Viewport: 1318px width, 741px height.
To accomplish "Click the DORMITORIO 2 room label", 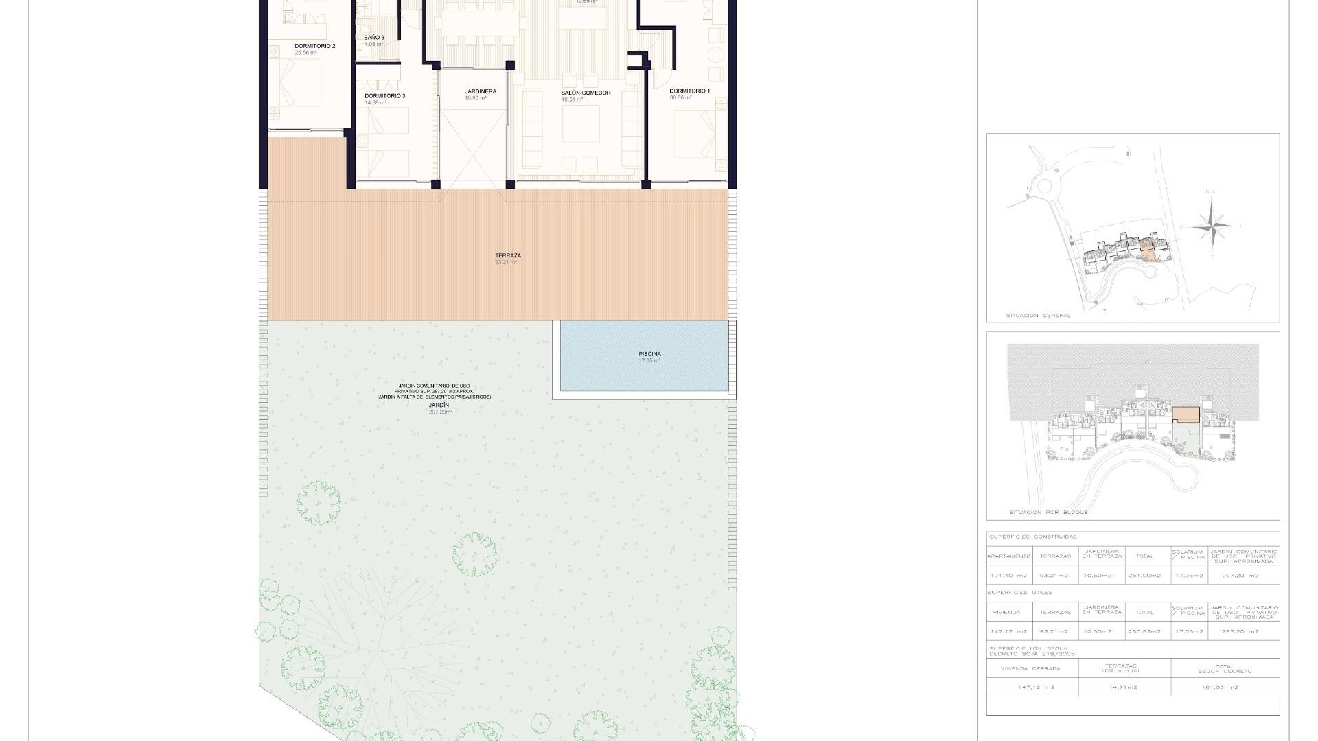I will coord(314,47).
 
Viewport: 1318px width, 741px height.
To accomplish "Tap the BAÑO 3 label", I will coord(374,38).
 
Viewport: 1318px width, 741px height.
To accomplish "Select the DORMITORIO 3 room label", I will coord(384,96).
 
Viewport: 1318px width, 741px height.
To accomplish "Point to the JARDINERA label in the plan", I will coord(480,91).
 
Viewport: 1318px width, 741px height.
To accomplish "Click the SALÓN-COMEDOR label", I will coord(585,93).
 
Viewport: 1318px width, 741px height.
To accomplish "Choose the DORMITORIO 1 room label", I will coord(689,91).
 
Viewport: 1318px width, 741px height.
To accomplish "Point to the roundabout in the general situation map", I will coord(1045,185).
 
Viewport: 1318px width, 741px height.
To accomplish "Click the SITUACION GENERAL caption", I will coord(1038,316).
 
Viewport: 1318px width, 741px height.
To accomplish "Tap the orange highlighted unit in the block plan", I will coord(1186,414).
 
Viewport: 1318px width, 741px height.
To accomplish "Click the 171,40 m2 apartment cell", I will coord(1008,576).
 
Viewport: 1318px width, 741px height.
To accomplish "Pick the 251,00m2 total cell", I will coord(1144,576).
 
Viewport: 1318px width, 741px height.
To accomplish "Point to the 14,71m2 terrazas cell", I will coord(1124,687).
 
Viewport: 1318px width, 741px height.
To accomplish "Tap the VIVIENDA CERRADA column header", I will coord(1030,668).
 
